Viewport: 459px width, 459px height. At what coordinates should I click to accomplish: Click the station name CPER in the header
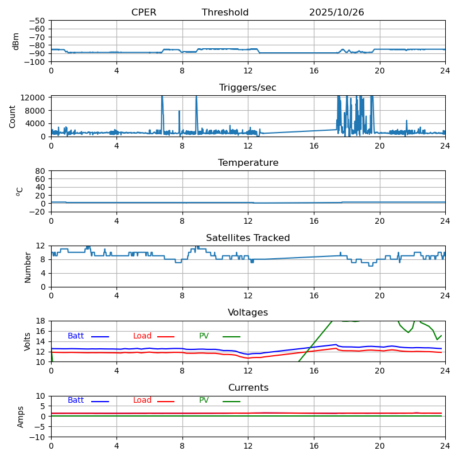click(x=143, y=13)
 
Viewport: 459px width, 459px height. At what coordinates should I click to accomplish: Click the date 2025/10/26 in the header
click(x=336, y=13)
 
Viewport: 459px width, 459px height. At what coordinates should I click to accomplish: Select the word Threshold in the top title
click(x=225, y=13)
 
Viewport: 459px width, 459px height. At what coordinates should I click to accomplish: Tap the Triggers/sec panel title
click(x=248, y=88)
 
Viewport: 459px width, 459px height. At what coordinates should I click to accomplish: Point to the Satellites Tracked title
click(x=248, y=238)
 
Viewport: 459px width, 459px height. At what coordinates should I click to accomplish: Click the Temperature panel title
click(x=248, y=163)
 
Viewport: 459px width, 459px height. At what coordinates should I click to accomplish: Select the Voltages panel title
click(x=248, y=313)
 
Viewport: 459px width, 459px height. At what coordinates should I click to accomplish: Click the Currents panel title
click(x=248, y=388)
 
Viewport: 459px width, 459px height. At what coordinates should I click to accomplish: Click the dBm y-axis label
click(x=16, y=41)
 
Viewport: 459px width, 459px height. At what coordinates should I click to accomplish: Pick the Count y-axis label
click(x=13, y=116)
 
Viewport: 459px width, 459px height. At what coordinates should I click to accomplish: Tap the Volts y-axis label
click(x=28, y=341)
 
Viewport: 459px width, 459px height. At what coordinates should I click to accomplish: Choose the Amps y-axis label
click(x=21, y=417)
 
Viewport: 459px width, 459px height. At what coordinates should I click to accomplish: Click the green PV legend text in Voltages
click(x=204, y=336)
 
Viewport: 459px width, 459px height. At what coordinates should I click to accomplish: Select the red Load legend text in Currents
click(x=142, y=400)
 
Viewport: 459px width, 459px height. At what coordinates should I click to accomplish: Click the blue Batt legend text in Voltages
click(x=76, y=336)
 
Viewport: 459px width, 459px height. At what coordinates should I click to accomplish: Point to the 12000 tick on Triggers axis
click(x=33, y=98)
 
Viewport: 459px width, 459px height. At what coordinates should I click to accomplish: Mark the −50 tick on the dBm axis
click(x=38, y=21)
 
